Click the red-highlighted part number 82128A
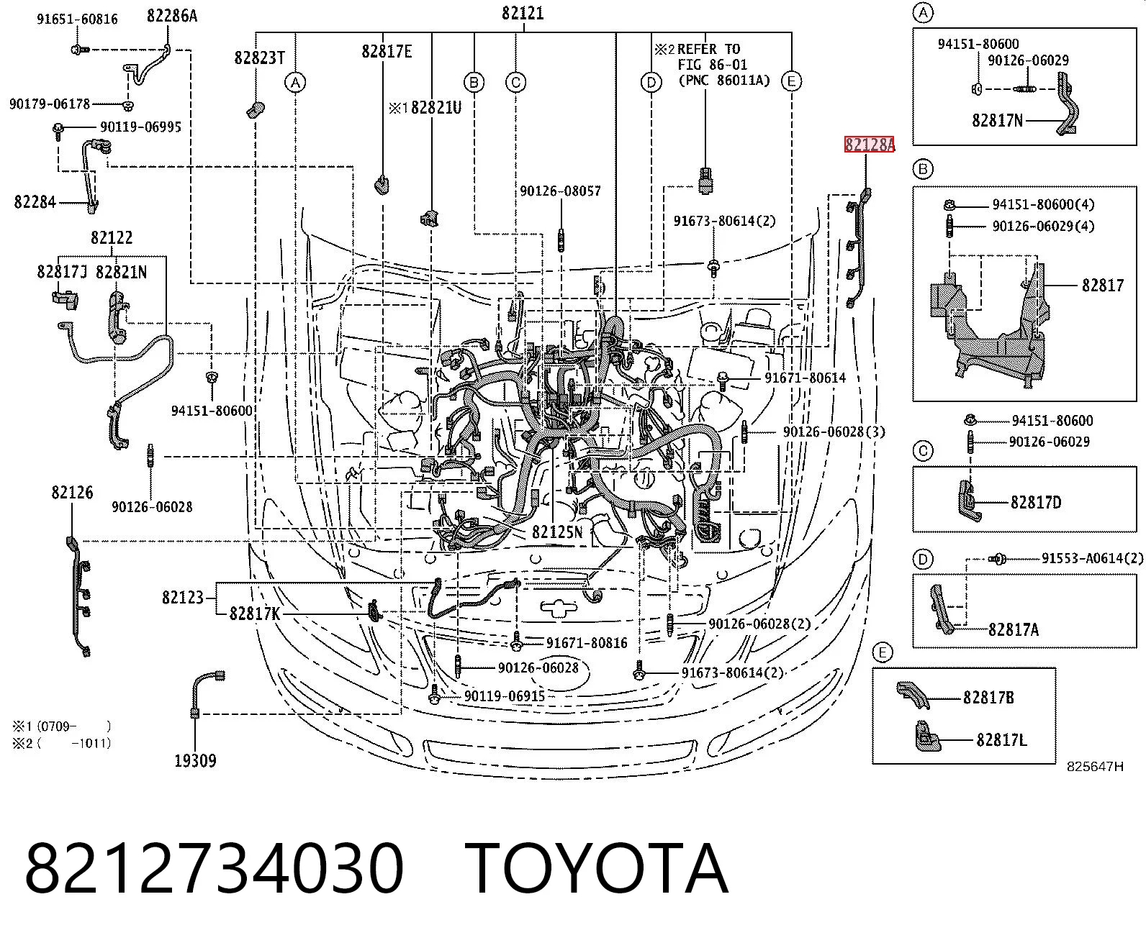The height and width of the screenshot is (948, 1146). tap(870, 145)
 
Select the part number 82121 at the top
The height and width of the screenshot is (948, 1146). tap(523, 13)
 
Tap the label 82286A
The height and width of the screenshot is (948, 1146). tap(172, 16)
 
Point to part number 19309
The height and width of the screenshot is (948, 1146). tap(195, 760)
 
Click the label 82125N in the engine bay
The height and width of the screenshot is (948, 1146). tap(557, 532)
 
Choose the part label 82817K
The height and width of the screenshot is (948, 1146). tap(255, 614)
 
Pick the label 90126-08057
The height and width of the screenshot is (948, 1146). tap(560, 191)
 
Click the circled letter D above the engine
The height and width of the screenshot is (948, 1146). tap(651, 82)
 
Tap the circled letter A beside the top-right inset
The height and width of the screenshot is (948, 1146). tap(923, 13)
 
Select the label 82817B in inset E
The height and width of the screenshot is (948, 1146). tap(988, 698)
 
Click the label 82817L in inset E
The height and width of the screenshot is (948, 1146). tap(1001, 740)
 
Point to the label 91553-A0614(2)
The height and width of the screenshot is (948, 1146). tap(1093, 558)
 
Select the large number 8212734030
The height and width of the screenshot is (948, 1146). tap(215, 869)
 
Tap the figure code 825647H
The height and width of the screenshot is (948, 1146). tap(1095, 767)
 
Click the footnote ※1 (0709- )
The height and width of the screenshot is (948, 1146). tap(61, 726)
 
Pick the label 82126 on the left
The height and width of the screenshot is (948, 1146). tap(72, 492)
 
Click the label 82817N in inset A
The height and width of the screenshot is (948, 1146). tap(997, 120)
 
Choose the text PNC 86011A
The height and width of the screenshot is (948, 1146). tap(724, 81)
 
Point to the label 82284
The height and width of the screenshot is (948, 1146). tap(35, 202)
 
